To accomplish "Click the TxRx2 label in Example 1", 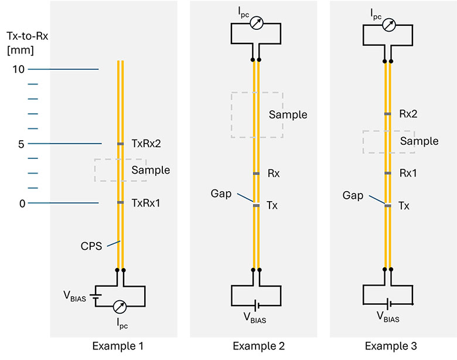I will (146, 142).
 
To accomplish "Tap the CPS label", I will (91, 246).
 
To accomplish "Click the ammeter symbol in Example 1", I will (120, 307).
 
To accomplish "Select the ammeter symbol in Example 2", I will (256, 23).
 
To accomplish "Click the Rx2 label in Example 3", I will (409, 113).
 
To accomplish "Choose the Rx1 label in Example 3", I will (409, 173).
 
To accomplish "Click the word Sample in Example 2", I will (288, 114).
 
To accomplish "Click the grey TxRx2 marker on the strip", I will (120, 144).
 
